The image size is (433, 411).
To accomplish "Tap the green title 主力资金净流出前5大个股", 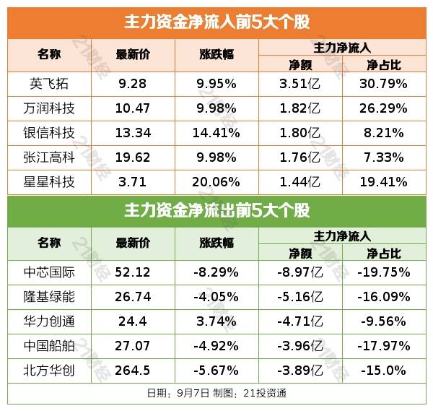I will click(216, 211).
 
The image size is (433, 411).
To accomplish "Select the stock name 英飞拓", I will click(49, 83).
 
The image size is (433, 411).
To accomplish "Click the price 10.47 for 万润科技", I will click(133, 108).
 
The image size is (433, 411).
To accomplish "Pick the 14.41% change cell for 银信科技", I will click(216, 132).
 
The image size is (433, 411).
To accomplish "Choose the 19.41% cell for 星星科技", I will click(383, 181).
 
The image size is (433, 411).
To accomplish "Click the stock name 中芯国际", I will click(49, 272).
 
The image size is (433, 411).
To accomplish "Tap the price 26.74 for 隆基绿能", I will click(133, 297).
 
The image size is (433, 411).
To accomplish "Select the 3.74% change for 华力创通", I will click(216, 321).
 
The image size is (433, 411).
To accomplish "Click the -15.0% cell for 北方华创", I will click(383, 371).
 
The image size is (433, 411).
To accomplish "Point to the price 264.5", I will click(133, 371).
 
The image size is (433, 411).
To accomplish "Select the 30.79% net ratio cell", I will click(383, 83).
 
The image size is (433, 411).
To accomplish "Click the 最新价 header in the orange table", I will click(133, 55).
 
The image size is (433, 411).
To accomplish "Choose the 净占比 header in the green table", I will click(383, 253).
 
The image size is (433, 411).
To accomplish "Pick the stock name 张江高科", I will click(49, 157).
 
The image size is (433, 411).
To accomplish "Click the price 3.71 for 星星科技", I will click(133, 181).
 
